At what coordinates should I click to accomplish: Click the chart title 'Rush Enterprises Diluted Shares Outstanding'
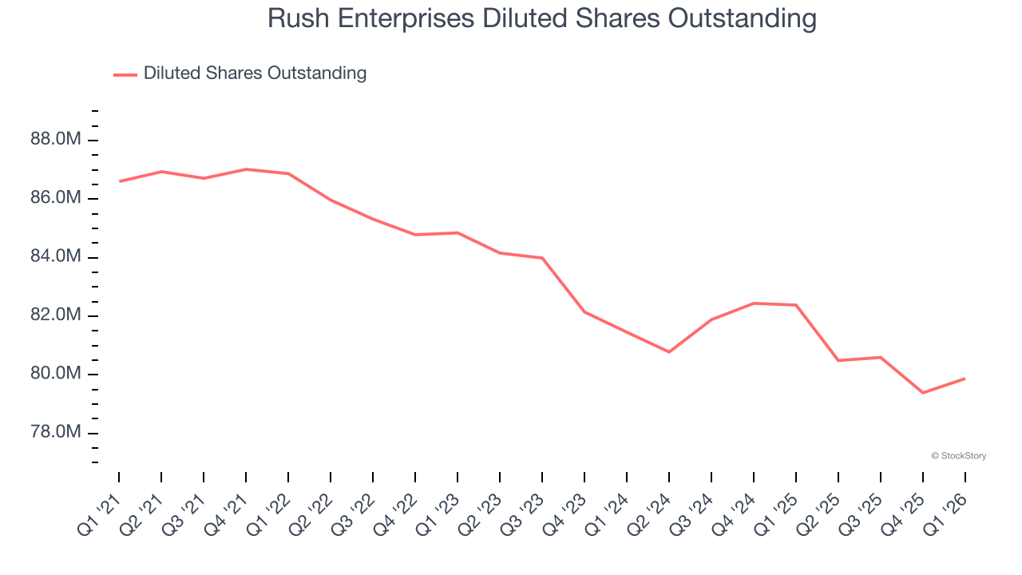coord(542,18)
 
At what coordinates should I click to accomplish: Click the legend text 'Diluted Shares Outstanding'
coord(255,73)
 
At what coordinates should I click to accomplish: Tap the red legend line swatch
coord(125,74)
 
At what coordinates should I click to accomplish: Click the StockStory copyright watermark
coord(958,456)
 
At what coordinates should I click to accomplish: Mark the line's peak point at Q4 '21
coord(246,169)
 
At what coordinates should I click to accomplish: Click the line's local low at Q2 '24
coord(669,352)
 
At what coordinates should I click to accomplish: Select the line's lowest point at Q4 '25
coord(923,393)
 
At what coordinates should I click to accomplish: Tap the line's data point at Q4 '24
coord(754,303)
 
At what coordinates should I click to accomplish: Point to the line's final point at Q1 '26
coord(965,379)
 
